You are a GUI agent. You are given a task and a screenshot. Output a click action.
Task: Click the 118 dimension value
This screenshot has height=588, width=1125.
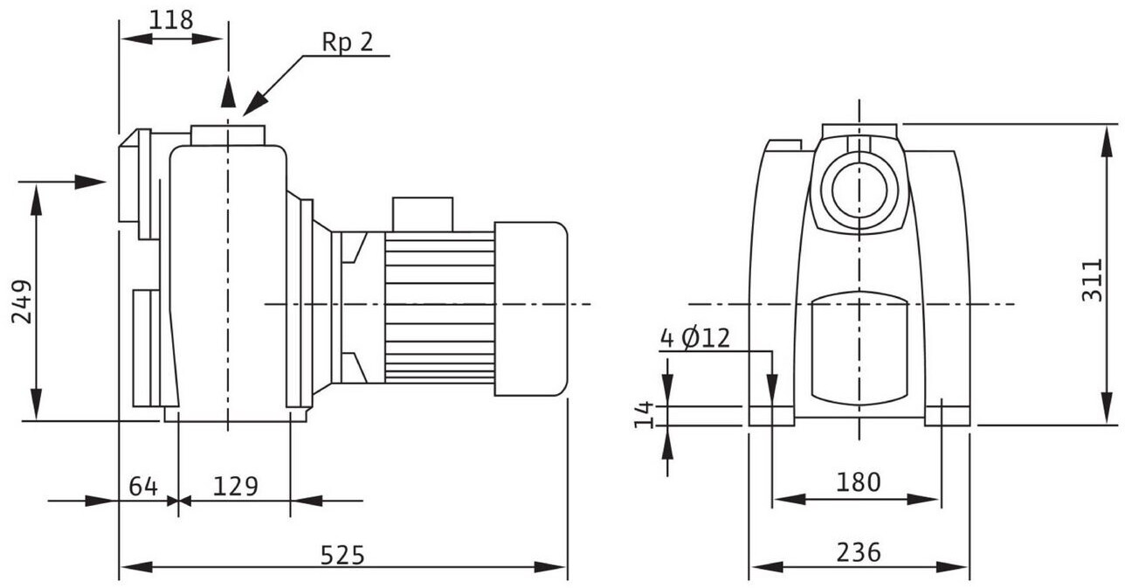[171, 20]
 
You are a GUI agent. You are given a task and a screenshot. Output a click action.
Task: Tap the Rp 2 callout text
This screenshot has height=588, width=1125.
[348, 42]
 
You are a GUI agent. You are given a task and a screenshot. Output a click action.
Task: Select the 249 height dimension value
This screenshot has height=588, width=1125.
[22, 301]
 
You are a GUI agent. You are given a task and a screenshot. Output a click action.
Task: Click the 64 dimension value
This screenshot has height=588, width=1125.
[143, 486]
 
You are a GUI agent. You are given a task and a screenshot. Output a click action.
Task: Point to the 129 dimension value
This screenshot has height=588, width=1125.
[236, 486]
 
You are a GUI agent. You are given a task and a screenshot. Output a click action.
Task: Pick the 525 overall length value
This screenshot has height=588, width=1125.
[342, 555]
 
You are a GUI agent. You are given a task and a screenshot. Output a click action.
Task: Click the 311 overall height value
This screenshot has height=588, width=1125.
[1092, 280]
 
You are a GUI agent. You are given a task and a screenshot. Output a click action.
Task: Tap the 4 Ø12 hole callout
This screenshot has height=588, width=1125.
[694, 338]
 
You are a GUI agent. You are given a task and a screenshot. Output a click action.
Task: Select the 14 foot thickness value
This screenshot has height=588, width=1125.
[644, 415]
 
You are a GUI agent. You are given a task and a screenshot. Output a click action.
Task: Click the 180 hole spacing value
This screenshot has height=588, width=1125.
[859, 482]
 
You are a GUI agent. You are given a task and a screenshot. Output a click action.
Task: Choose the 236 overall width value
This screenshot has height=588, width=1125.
[859, 552]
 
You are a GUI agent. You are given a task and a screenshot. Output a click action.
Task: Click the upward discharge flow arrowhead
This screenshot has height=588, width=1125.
[228, 92]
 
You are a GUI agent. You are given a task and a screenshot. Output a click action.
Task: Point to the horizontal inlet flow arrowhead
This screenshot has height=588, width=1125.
[91, 182]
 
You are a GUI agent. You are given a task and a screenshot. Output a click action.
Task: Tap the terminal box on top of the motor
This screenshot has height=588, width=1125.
[423, 215]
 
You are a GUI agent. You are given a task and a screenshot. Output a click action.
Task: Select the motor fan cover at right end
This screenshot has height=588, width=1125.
[531, 308]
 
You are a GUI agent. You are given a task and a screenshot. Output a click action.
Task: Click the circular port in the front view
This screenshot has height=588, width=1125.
[859, 190]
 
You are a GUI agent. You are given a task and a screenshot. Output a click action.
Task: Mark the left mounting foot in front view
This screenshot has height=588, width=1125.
[771, 416]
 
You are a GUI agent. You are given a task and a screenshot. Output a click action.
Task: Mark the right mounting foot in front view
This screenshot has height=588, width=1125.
[947, 416]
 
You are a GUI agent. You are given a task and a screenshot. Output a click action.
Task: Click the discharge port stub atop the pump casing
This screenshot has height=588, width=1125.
[228, 135]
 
